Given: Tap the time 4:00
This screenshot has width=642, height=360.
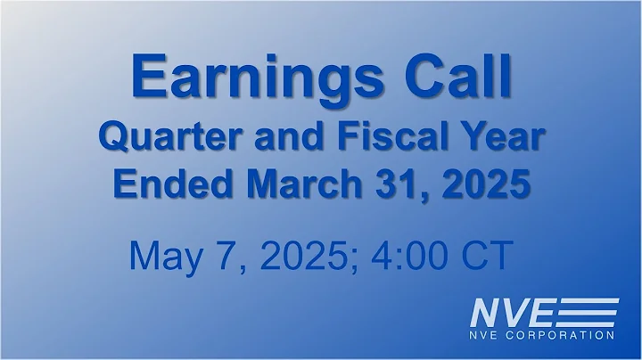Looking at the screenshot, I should pyautogui.click(x=413, y=254).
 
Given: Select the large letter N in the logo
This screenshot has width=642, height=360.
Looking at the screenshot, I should pyautogui.click(x=488, y=314).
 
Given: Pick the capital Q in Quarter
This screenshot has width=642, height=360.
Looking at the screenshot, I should pyautogui.click(x=111, y=140).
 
